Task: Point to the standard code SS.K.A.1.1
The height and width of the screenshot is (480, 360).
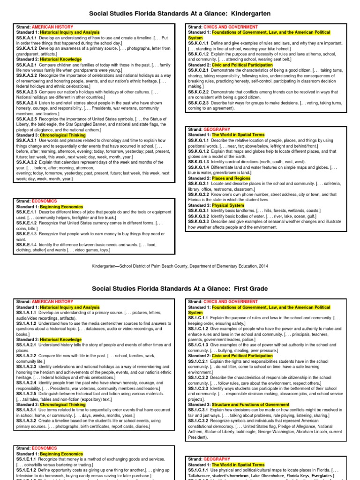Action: (27, 37)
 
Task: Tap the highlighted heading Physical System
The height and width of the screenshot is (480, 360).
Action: (228, 205)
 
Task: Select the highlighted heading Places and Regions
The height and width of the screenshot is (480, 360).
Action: (231, 179)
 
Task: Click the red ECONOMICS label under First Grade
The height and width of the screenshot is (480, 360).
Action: (45, 448)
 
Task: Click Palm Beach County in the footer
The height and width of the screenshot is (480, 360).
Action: (170, 265)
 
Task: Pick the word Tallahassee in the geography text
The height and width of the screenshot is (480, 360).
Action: (201, 475)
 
